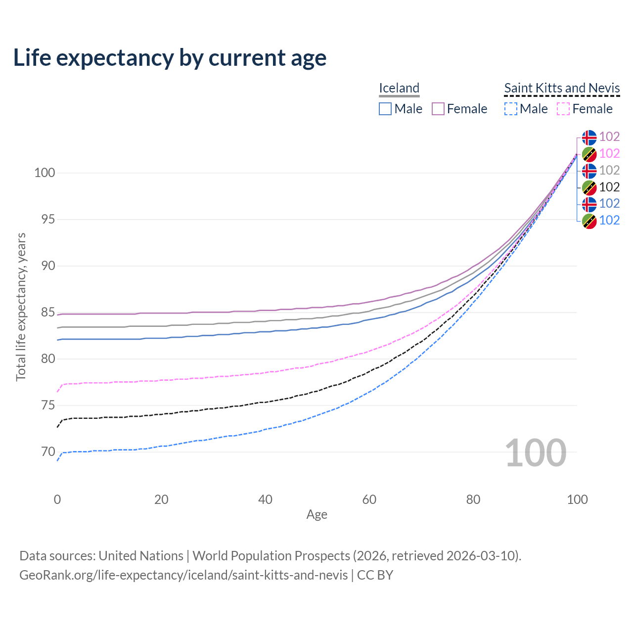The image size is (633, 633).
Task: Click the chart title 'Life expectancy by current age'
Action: point(170,58)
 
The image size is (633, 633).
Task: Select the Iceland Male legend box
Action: point(385,109)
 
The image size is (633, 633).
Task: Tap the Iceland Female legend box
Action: point(438,109)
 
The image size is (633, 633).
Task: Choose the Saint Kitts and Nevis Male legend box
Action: point(511,109)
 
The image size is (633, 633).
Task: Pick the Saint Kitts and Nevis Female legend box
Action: point(563,109)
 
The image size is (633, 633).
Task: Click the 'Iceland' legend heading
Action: point(399,88)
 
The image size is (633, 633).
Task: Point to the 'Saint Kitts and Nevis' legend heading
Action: point(562,88)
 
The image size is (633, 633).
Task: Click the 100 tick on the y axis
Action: point(44,173)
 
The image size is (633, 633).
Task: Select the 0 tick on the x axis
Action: point(57,499)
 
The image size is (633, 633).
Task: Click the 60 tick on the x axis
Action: point(369,499)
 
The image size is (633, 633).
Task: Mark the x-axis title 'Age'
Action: point(317,515)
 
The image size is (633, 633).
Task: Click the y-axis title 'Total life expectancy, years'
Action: point(21,307)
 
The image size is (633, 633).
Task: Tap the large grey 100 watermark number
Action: point(536,453)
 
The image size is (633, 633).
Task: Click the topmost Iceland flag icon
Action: point(589,137)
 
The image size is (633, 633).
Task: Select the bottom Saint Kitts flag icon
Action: point(589,221)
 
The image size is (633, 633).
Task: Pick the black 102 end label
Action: point(609,187)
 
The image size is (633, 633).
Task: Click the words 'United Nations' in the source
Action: point(141,556)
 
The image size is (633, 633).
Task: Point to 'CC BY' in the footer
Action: point(375,575)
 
